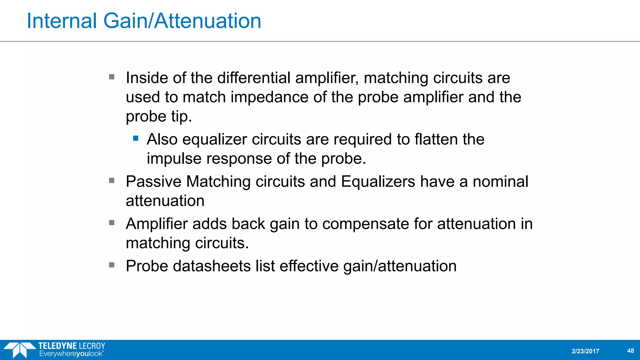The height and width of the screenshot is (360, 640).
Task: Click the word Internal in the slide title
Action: pyautogui.click(x=62, y=21)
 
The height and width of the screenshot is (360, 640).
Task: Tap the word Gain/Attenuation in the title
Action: pyautogui.click(x=182, y=21)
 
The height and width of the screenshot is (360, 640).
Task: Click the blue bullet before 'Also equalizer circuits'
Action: pyautogui.click(x=136, y=138)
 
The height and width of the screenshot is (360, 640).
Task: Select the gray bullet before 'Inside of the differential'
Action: pyautogui.click(x=112, y=77)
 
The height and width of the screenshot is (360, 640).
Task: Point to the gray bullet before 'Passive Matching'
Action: pyautogui.click(x=112, y=180)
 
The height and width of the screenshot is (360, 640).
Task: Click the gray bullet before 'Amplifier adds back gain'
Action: pyautogui.click(x=112, y=222)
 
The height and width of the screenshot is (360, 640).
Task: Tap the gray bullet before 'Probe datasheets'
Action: pyautogui.click(x=112, y=265)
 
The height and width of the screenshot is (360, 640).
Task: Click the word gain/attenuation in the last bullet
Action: pyautogui.click(x=400, y=266)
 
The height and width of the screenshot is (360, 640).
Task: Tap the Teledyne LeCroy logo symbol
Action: pyautogui.click(x=19, y=350)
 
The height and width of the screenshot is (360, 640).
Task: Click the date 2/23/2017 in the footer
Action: pyautogui.click(x=585, y=351)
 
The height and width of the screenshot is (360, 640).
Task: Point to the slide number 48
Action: pyautogui.click(x=630, y=351)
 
